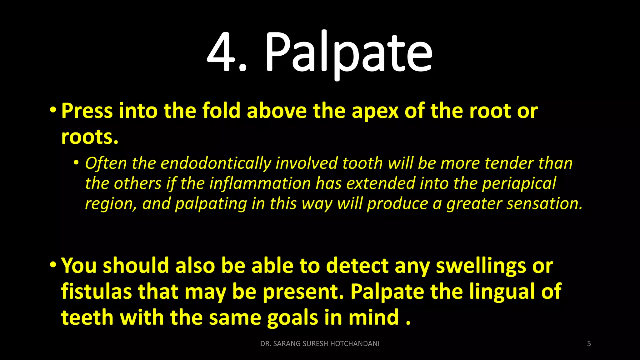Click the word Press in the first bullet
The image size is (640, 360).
(x=87, y=111)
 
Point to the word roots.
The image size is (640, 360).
(x=90, y=137)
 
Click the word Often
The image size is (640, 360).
(x=106, y=163)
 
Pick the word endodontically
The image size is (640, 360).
(x=216, y=164)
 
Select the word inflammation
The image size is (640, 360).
(x=260, y=183)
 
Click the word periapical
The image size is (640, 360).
(x=519, y=184)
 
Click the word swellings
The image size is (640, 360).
(x=481, y=266)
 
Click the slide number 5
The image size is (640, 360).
(x=589, y=344)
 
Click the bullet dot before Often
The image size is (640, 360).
(x=76, y=163)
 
